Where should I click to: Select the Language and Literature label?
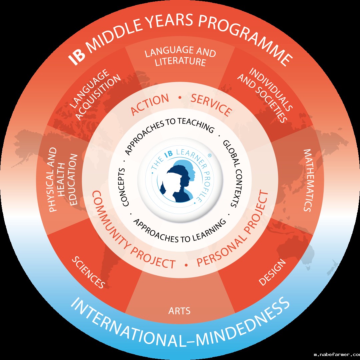pos(180,57)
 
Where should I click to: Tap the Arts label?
pos(179,311)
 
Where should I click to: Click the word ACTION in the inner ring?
pos(150,104)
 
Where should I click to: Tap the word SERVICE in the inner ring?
pos(211,105)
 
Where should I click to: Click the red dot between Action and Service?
pos(180,98)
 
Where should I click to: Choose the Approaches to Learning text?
pos(180,230)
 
